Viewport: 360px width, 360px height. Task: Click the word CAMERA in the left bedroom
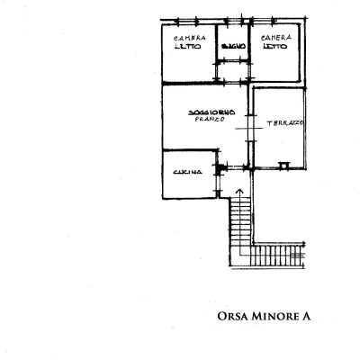[190, 38]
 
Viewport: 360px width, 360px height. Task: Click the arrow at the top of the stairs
[239, 191]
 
